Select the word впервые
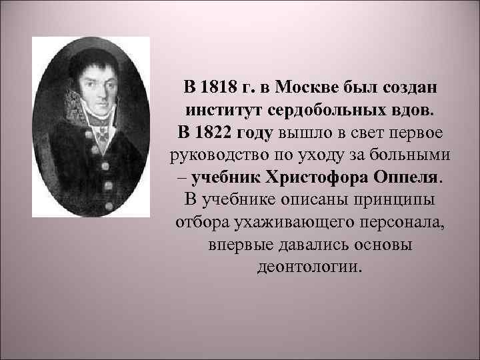[x=233, y=245]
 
